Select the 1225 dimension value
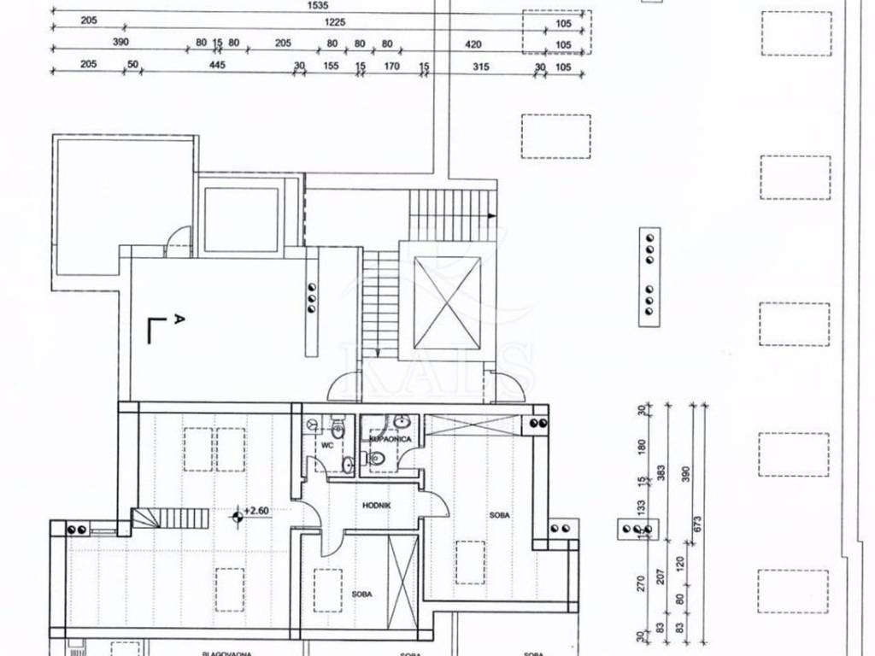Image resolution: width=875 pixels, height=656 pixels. click(x=335, y=22)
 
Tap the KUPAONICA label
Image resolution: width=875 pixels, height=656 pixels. click(x=391, y=438)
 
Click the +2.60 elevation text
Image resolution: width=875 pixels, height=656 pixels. click(x=256, y=511)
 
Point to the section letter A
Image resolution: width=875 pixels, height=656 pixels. click(x=177, y=319)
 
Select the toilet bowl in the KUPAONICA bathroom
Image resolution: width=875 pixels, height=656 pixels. click(x=379, y=460)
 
